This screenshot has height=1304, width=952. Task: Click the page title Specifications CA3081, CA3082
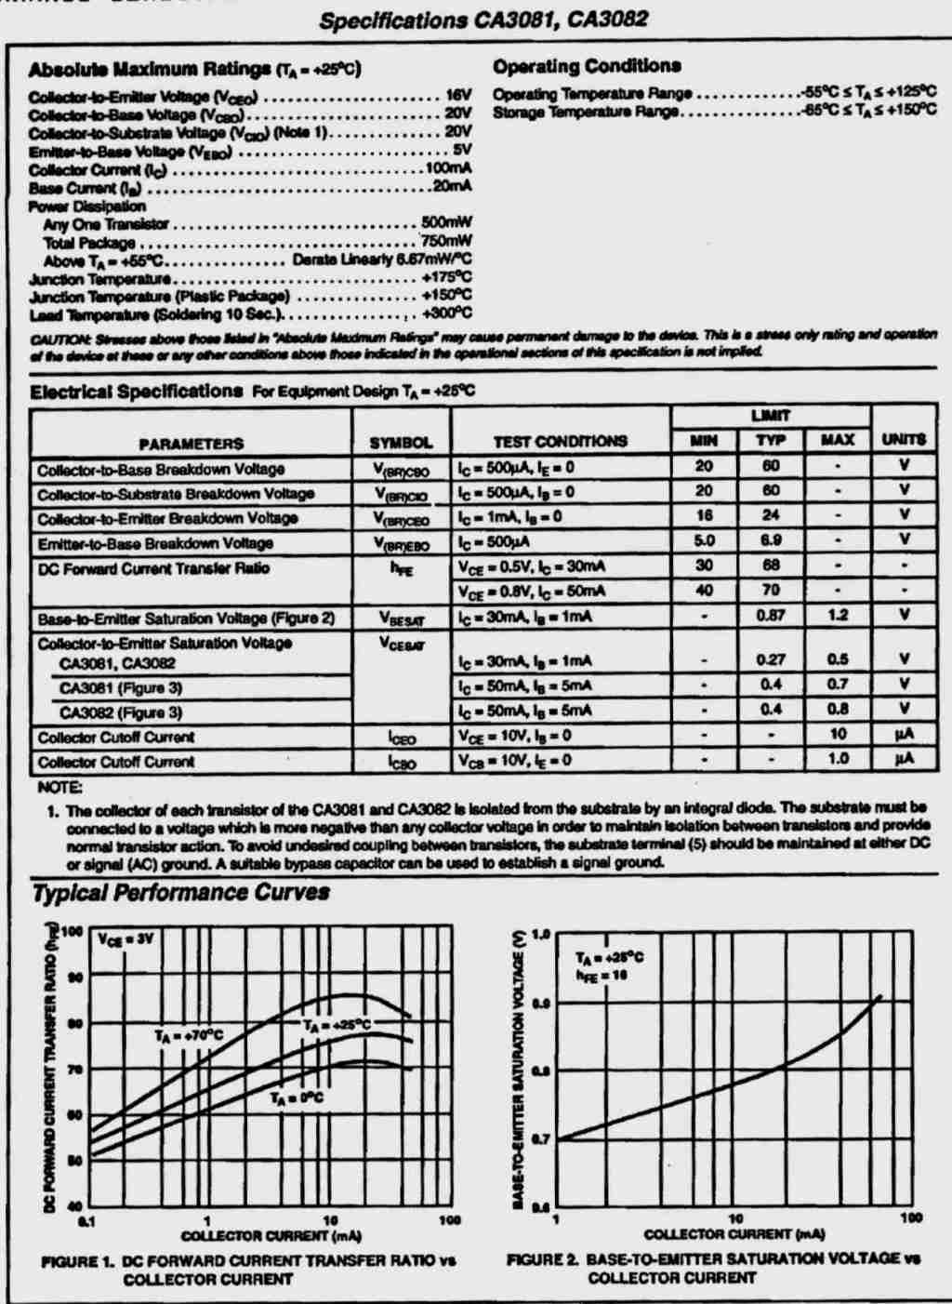coord(483,20)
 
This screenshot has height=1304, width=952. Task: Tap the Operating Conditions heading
coord(587,66)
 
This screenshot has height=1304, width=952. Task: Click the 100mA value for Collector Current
coord(449,168)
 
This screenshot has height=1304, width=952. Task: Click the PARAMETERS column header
coord(191,444)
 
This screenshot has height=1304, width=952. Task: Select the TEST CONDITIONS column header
coord(560,441)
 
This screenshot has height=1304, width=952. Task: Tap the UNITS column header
coord(904,440)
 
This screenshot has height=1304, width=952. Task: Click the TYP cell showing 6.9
coord(771,540)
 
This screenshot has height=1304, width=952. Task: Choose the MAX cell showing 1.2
coord(838,616)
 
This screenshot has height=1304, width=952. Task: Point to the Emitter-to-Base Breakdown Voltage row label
coord(155,543)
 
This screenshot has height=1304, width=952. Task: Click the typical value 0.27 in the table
coord(771,659)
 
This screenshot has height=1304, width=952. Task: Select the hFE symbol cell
coord(401,568)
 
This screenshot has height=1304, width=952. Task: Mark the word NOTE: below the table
coord(59,788)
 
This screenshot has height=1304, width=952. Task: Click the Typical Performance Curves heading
coord(180,893)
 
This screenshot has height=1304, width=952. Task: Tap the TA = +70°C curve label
coord(189,1034)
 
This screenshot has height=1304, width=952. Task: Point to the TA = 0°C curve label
coord(297,1098)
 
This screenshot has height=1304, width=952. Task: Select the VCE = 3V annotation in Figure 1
coord(126,939)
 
